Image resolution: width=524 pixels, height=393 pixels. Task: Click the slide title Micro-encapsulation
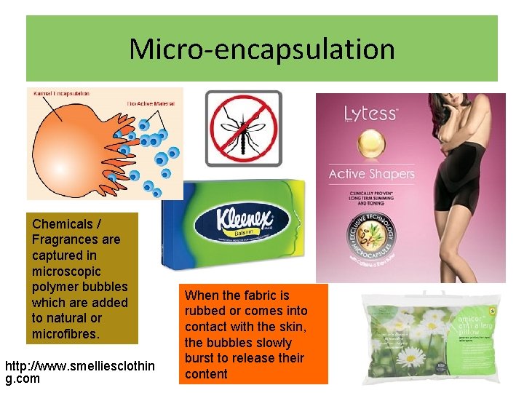click(262, 49)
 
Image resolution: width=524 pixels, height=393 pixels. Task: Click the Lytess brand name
click(370, 114)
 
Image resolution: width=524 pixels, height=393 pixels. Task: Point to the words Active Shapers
click(371, 174)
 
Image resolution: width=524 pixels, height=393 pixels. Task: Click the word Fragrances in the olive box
click(76, 239)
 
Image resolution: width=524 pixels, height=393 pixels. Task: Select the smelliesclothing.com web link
click(79, 372)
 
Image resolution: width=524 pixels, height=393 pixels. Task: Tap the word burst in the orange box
click(199, 358)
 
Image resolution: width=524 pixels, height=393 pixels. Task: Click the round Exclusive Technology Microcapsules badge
click(371, 239)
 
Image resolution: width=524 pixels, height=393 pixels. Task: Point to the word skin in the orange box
click(277, 327)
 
